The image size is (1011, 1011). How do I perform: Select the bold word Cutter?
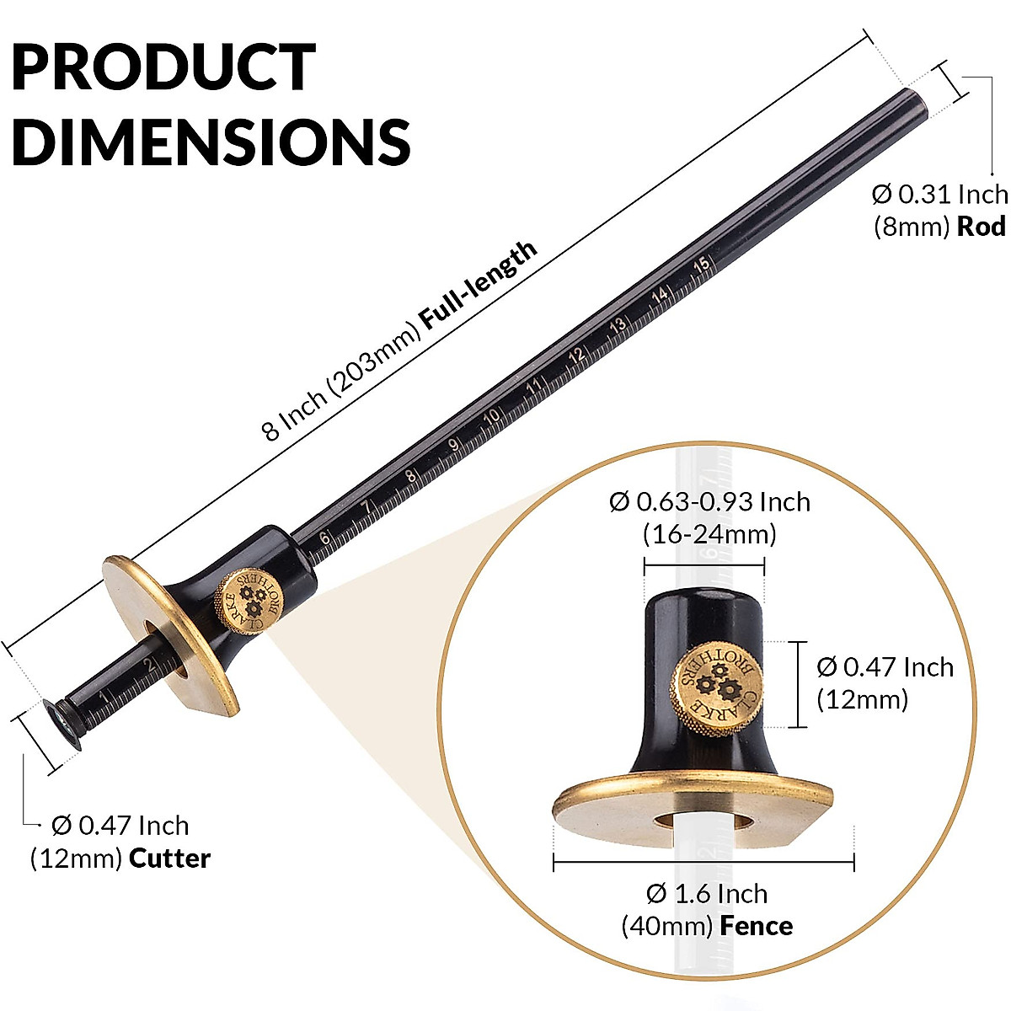tap(169, 859)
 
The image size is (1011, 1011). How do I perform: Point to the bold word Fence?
tap(756, 926)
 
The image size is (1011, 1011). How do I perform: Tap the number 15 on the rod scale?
tap(702, 264)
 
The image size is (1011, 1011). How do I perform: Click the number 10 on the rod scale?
tap(492, 416)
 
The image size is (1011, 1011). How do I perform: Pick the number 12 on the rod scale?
tap(576, 356)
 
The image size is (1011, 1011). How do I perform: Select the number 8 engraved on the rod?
tap(410, 476)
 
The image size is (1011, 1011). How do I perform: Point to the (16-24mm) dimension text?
tap(709, 534)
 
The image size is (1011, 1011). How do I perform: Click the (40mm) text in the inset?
tap(667, 926)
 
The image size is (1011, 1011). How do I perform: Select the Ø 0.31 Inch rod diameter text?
tap(939, 195)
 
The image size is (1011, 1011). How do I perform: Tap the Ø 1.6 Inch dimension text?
tap(707, 893)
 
